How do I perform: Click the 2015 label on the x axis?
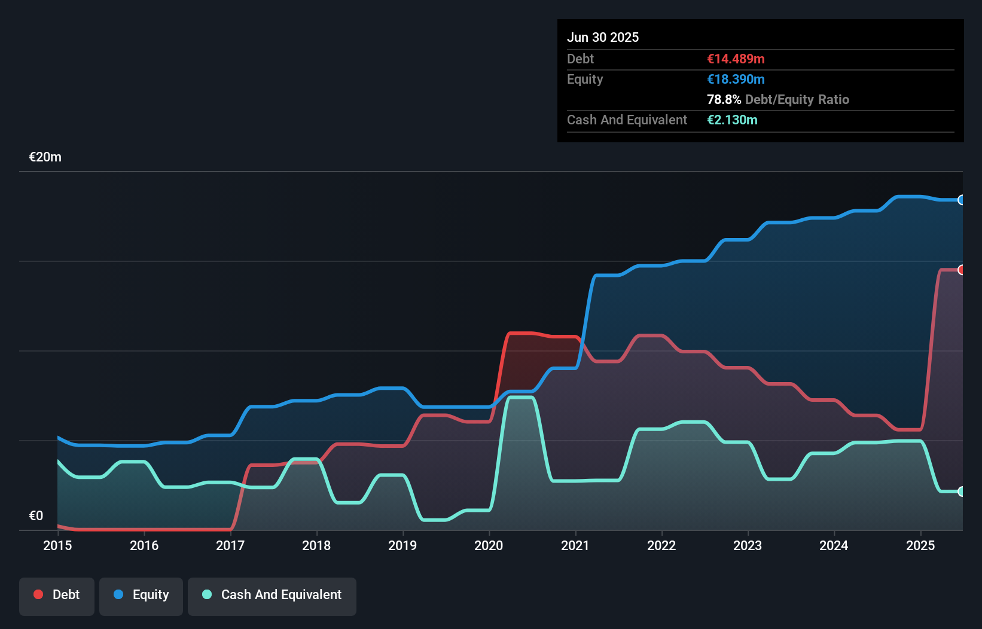click(x=57, y=545)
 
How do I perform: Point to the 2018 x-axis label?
click(x=316, y=545)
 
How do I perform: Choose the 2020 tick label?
click(x=489, y=545)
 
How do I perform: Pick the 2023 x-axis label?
click(x=748, y=545)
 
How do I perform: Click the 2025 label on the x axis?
click(x=920, y=545)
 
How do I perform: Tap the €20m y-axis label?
click(x=45, y=157)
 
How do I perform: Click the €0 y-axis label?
click(x=36, y=515)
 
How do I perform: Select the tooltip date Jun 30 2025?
click(x=603, y=37)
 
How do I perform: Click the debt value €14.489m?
click(x=736, y=59)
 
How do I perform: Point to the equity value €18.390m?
click(x=736, y=79)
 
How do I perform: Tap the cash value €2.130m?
click(x=732, y=120)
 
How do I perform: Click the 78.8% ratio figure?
click(x=724, y=99)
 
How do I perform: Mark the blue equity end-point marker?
click(x=961, y=200)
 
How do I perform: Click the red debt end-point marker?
click(x=961, y=270)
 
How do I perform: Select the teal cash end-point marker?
click(x=961, y=491)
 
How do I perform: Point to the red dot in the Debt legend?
click(x=38, y=594)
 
